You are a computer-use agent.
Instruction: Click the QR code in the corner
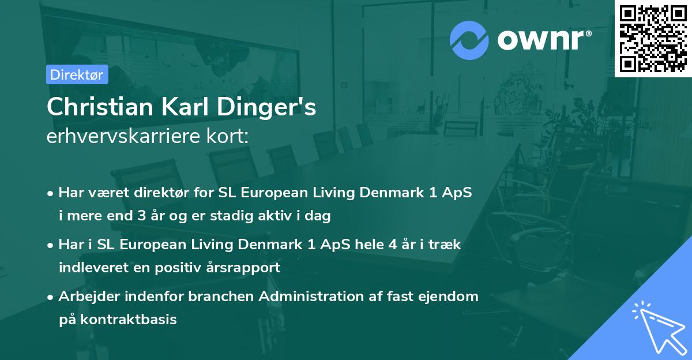pos(653,38)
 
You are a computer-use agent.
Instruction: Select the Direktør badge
pos(77,74)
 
